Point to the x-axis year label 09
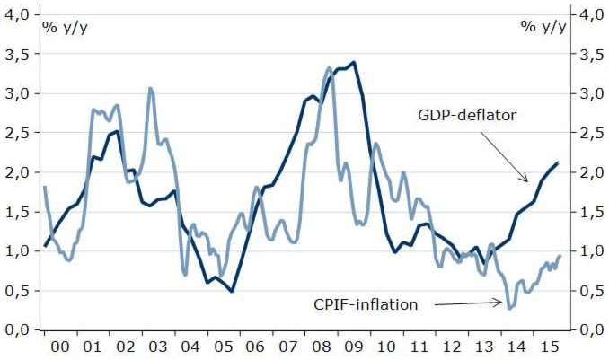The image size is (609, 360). pyautogui.click(x=353, y=345)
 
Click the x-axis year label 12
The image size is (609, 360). pyautogui.click(x=451, y=345)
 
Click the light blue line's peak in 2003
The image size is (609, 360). pyautogui.click(x=150, y=88)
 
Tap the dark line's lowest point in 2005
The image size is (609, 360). pyautogui.click(x=232, y=291)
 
